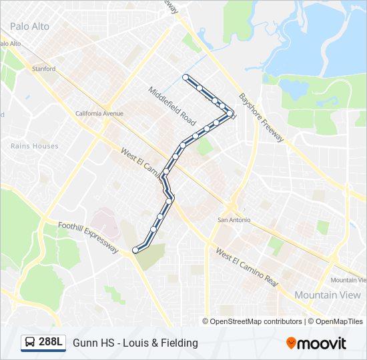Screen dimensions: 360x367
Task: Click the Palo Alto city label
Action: (x=29, y=27)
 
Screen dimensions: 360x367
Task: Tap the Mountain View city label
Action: (x=328, y=295)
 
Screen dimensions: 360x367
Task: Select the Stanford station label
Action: (x=44, y=69)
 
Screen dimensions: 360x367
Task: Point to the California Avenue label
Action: (x=99, y=113)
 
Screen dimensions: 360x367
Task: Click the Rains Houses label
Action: (x=35, y=146)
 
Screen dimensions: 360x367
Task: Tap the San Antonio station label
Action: (x=234, y=219)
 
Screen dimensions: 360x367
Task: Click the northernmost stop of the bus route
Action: (x=185, y=77)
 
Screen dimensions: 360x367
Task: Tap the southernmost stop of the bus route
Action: (x=135, y=250)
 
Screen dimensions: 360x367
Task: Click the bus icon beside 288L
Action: (x=31, y=343)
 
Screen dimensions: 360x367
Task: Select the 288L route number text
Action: (x=51, y=343)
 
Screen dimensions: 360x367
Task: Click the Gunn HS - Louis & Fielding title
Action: (x=135, y=343)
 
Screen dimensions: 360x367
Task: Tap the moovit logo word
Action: (x=322, y=343)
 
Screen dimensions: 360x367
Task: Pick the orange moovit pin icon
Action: (x=291, y=343)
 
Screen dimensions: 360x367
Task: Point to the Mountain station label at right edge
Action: (x=348, y=279)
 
